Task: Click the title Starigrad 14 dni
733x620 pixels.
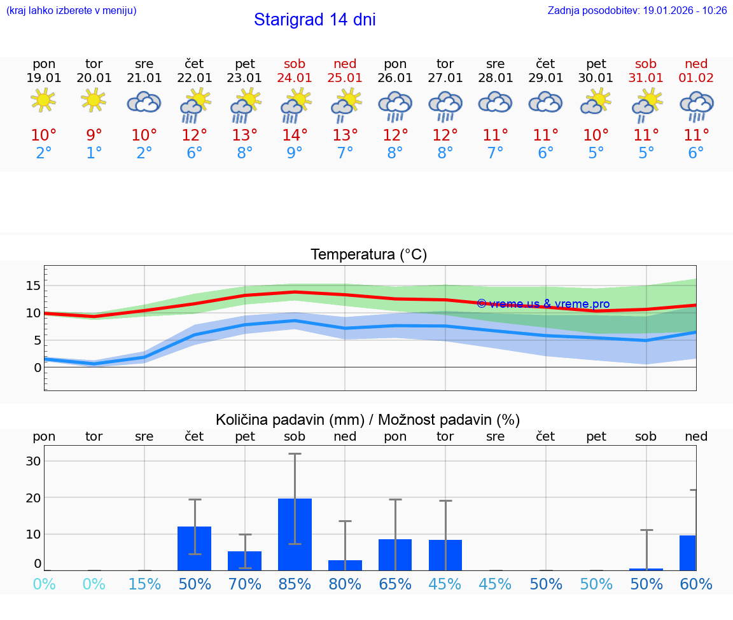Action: (314, 20)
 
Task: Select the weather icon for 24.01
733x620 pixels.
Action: (295, 106)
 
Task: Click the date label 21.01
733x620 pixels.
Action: (144, 78)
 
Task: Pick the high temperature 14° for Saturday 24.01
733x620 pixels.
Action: (295, 135)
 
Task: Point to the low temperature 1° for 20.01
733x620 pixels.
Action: (94, 153)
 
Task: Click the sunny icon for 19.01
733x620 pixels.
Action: (44, 100)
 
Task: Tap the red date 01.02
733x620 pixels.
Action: (696, 78)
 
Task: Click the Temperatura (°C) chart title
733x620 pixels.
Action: (368, 255)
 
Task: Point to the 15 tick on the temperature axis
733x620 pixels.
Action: (33, 286)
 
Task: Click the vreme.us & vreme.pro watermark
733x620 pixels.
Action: (543, 304)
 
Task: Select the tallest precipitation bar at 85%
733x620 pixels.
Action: (295, 534)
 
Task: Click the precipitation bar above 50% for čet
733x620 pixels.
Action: (195, 548)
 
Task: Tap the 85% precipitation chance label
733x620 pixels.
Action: (295, 584)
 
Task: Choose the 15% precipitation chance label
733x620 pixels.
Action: (144, 584)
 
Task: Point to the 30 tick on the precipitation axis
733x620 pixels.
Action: (33, 461)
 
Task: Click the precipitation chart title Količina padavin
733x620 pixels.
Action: (368, 420)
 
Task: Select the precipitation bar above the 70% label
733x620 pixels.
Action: (245, 560)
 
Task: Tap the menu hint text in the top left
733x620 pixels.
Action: (71, 11)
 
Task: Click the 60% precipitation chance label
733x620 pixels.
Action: (696, 584)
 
